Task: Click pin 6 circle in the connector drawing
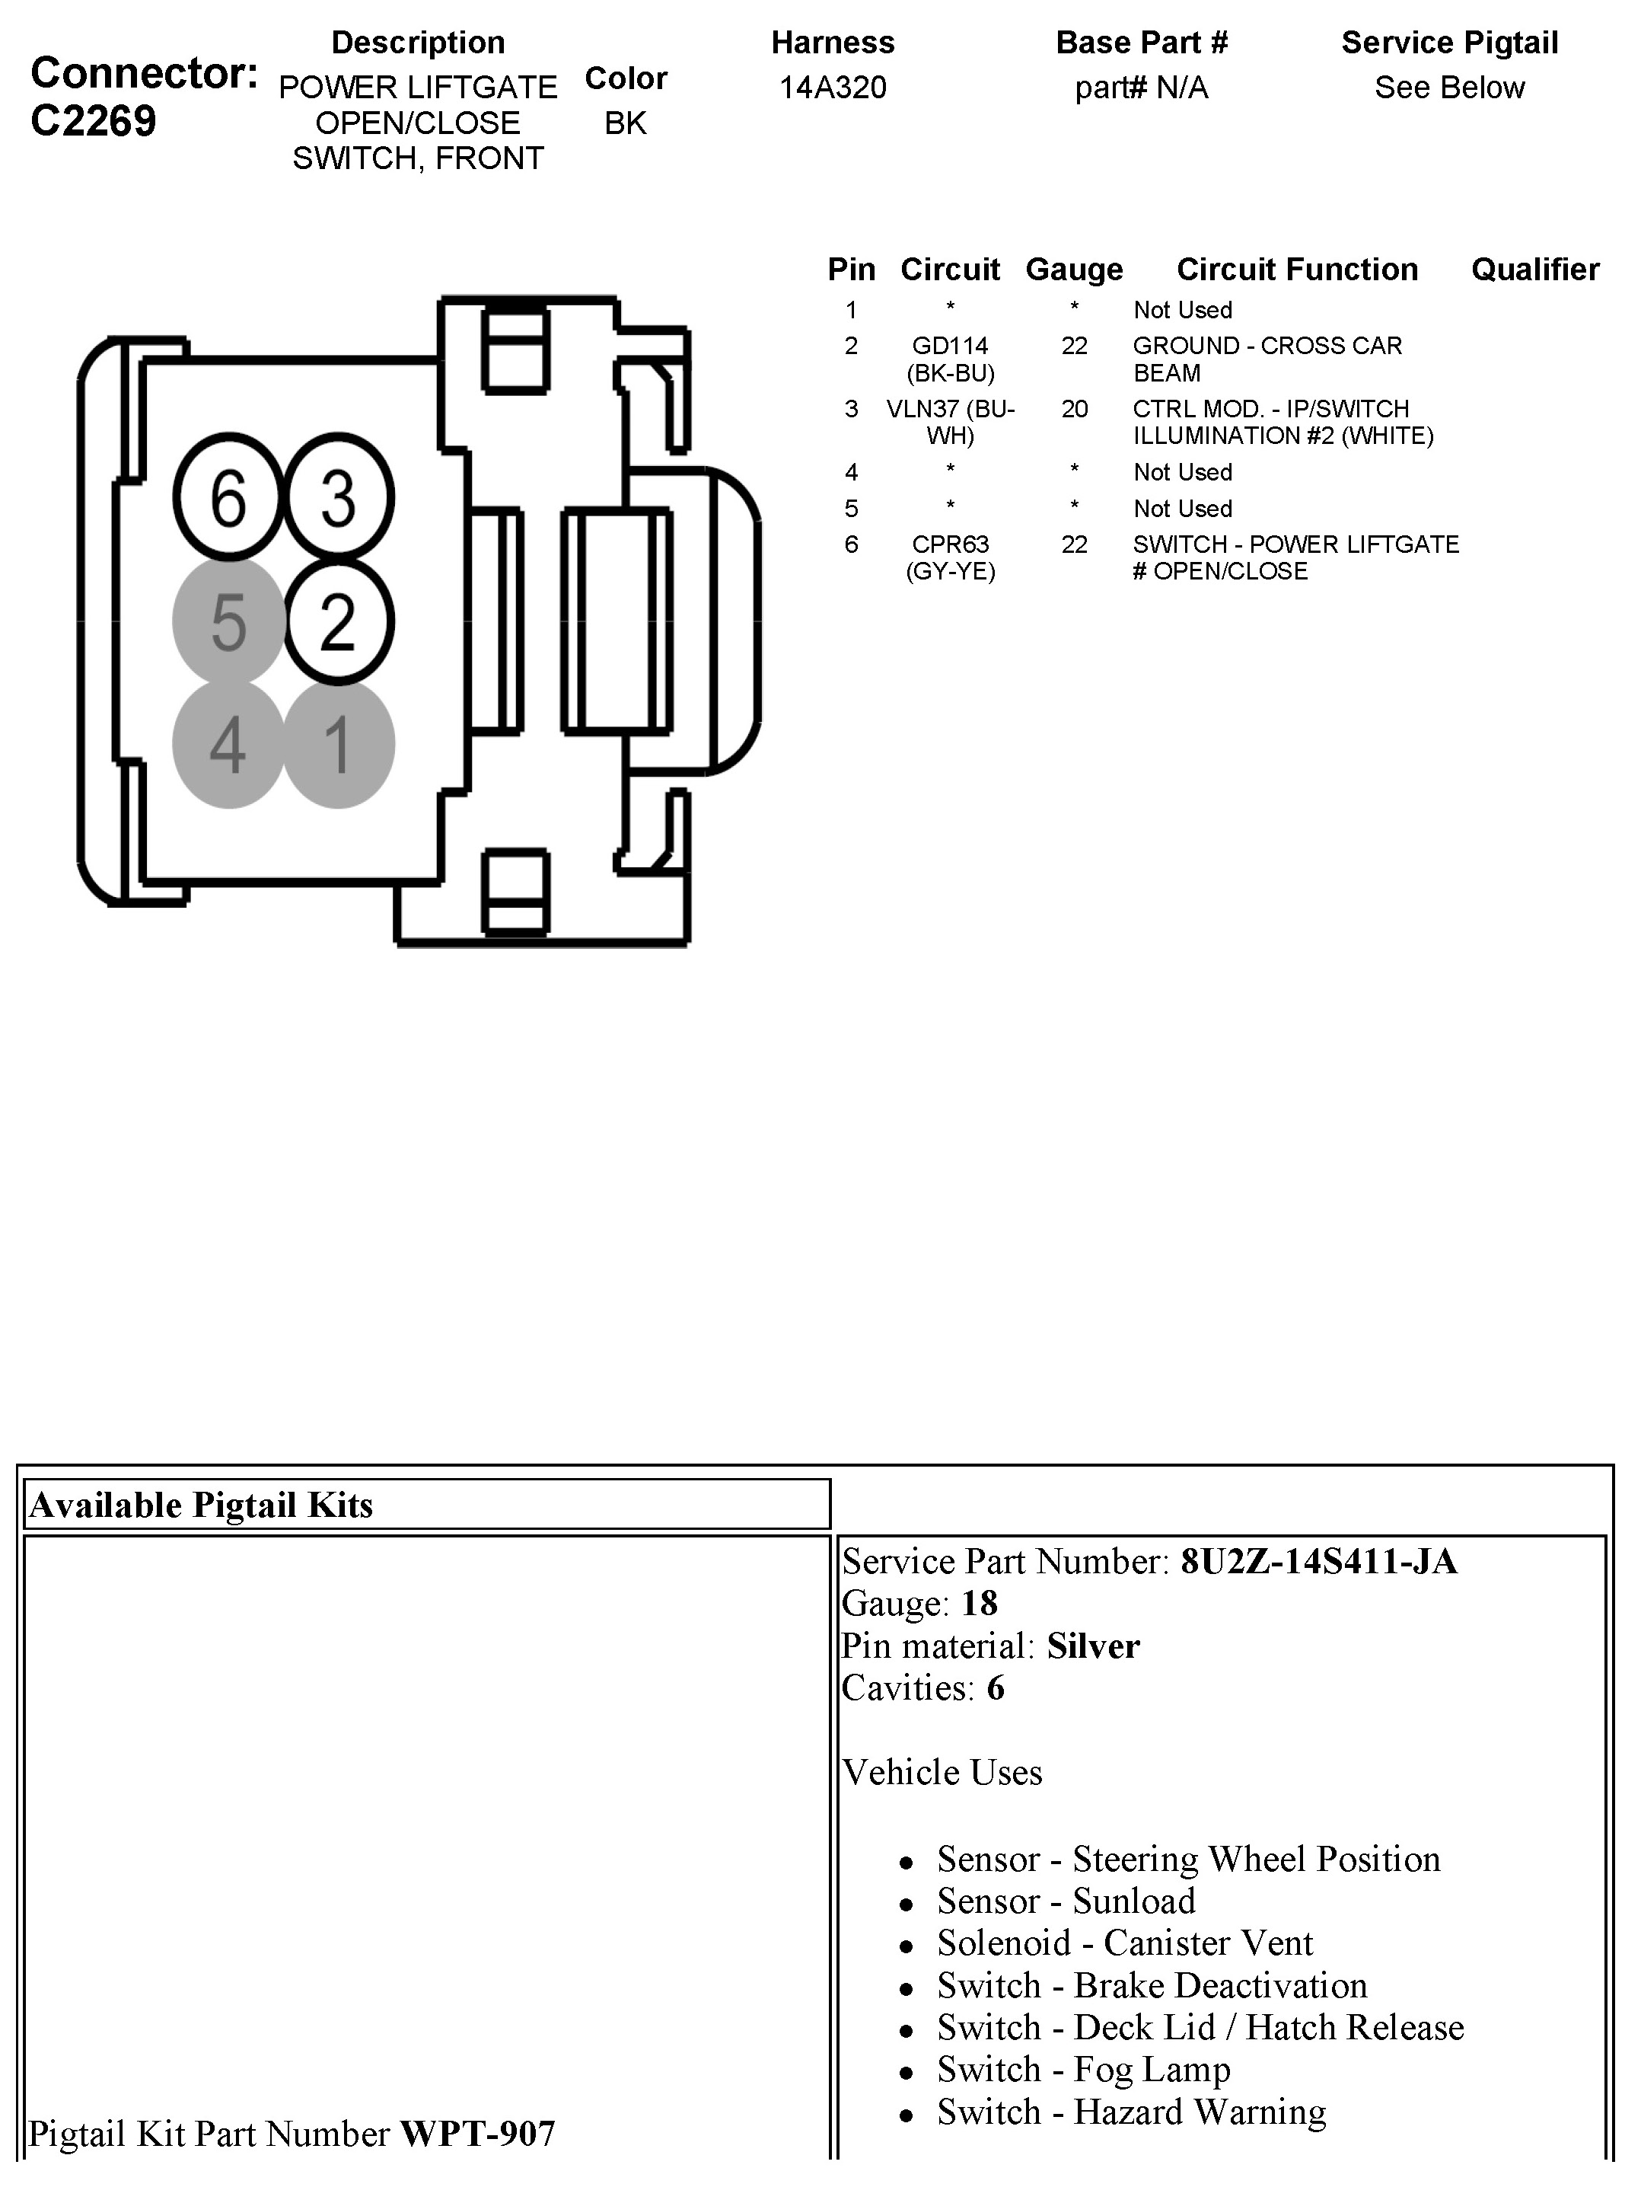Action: click(x=228, y=496)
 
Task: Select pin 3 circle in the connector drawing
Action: click(x=339, y=496)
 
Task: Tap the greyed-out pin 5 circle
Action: click(x=228, y=622)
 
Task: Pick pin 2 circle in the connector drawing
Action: click(x=339, y=622)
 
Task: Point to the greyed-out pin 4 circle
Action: click(x=228, y=744)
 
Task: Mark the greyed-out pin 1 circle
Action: click(x=339, y=744)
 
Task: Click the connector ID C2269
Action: click(x=94, y=121)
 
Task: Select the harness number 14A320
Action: click(x=833, y=88)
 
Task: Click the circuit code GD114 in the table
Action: click(x=951, y=346)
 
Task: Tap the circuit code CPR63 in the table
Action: click(x=951, y=544)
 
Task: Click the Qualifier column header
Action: click(x=1534, y=270)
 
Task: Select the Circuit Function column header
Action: click(x=1297, y=270)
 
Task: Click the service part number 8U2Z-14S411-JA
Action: click(x=1318, y=1562)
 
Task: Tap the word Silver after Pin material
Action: click(x=1093, y=1646)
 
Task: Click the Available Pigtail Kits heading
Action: click(x=202, y=1505)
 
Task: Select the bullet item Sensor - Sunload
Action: click(x=1066, y=1901)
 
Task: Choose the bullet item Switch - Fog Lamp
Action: click(x=1084, y=2070)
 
